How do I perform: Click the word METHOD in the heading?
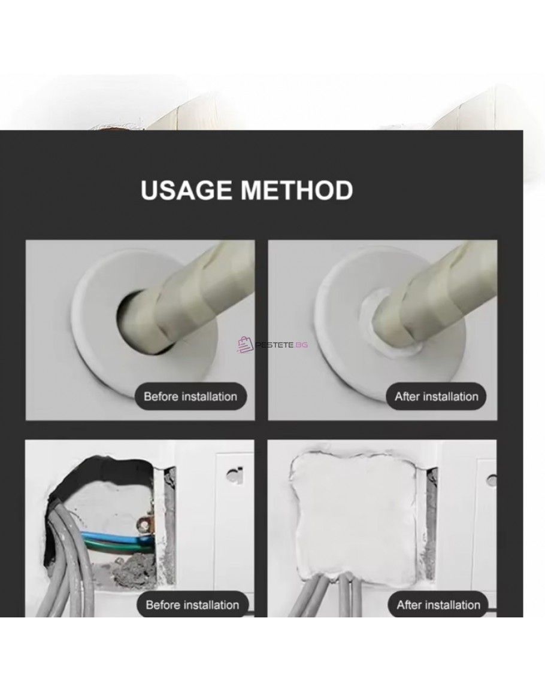(x=297, y=190)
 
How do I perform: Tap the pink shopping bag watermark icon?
(x=245, y=345)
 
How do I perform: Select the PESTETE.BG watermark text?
(x=281, y=345)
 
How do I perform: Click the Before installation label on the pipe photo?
(x=190, y=396)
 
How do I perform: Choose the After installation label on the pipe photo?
(x=437, y=396)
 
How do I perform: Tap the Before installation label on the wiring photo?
(x=192, y=605)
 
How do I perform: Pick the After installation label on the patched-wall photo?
(x=438, y=605)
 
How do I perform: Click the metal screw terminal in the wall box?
(x=144, y=525)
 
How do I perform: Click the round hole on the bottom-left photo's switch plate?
(x=234, y=474)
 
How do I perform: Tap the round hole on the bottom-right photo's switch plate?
(x=492, y=480)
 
